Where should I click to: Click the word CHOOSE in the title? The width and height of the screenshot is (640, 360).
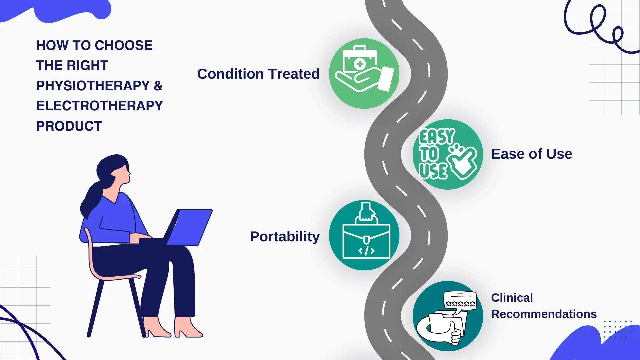124,45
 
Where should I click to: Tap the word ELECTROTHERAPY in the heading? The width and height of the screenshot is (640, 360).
99,106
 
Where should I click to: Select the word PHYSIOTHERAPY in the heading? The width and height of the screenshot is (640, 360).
93,86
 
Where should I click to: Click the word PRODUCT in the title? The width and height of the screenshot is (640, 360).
69,126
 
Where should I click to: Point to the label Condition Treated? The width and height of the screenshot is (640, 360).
258,74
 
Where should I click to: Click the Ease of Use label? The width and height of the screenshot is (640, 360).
532,154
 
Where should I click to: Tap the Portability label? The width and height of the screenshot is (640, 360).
285,237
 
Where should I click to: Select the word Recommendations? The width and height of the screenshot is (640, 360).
544,314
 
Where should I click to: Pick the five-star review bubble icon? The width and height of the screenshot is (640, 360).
460,301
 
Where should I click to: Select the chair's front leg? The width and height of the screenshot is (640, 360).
95,308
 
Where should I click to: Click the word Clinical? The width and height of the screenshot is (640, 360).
512,298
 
